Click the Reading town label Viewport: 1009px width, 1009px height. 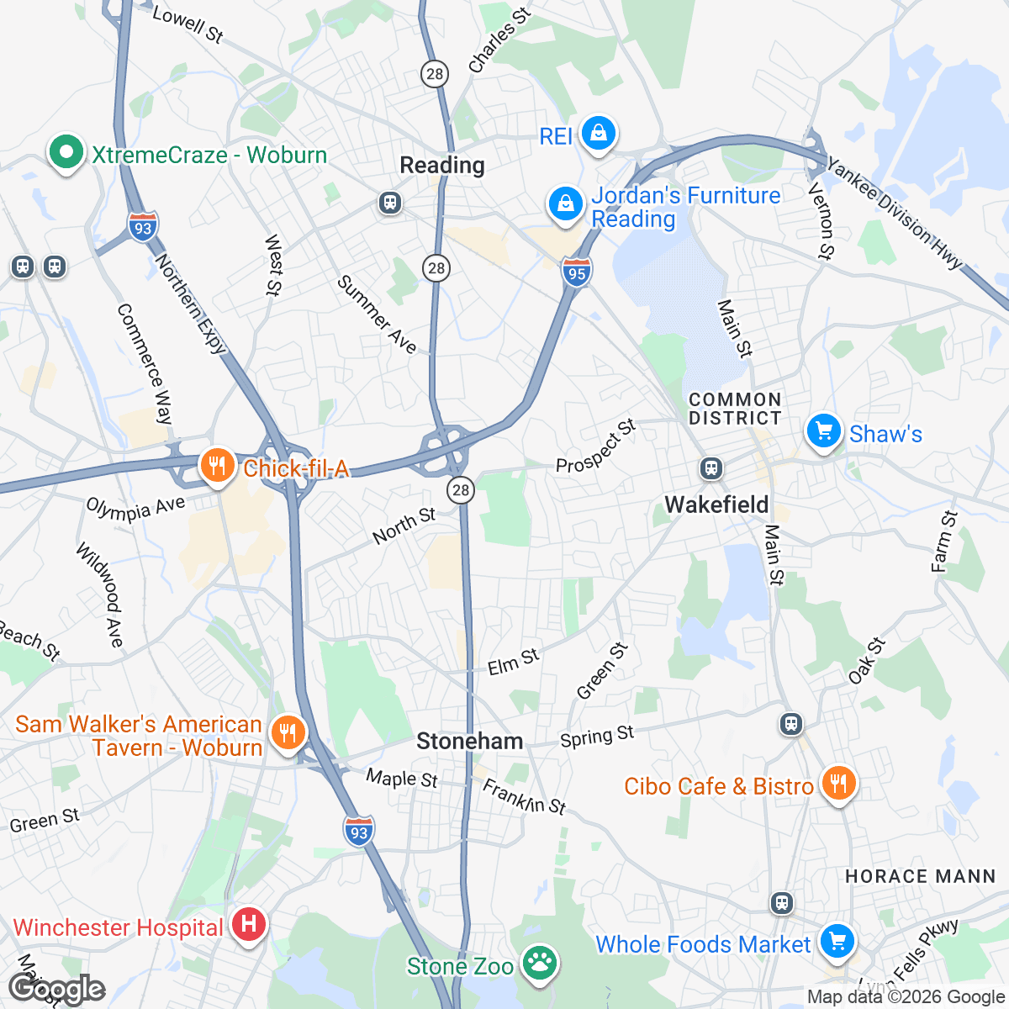(x=442, y=166)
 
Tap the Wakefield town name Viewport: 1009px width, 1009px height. (x=716, y=504)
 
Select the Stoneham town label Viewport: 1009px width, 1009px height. (x=469, y=741)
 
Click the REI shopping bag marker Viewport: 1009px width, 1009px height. (x=598, y=135)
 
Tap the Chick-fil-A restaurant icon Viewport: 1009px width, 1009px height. (x=217, y=466)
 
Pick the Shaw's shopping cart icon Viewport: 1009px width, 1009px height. (x=823, y=432)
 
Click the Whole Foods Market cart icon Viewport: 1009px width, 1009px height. (x=837, y=942)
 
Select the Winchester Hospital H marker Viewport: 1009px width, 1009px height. (x=248, y=925)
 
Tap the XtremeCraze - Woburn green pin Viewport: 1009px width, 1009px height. (x=66, y=153)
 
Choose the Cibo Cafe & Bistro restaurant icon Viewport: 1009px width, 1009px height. (x=838, y=784)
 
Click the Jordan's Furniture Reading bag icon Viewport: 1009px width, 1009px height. (x=566, y=204)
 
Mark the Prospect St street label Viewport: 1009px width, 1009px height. (x=595, y=446)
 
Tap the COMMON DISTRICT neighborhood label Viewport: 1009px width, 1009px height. (x=735, y=409)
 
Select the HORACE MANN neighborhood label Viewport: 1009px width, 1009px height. (x=920, y=876)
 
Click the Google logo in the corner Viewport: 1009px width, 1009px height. (x=57, y=990)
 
